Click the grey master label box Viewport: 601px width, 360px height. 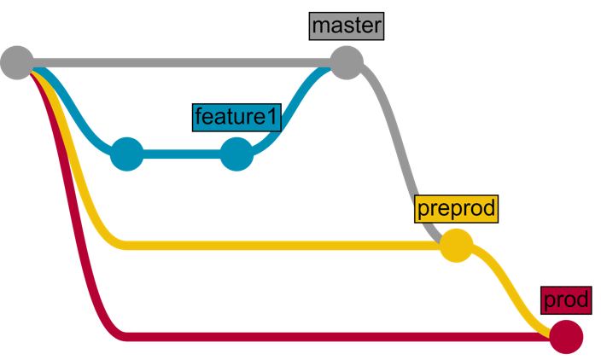coord(346,26)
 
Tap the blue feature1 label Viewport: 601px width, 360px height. coord(236,117)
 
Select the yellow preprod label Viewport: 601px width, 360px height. coord(456,207)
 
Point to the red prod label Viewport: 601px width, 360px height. coord(565,300)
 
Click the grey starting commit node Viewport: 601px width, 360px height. coord(17,62)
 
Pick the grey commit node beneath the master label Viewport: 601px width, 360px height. coord(346,62)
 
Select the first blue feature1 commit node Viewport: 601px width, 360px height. coord(127,154)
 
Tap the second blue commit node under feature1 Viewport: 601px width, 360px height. coord(236,154)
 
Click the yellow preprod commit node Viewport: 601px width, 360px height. coord(456,246)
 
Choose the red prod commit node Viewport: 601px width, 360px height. coord(565,336)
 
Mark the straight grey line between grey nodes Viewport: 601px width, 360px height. coord(179,62)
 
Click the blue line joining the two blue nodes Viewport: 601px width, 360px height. coord(182,154)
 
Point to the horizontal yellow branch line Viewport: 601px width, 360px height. coord(282,246)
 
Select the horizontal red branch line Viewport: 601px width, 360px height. coord(341,336)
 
